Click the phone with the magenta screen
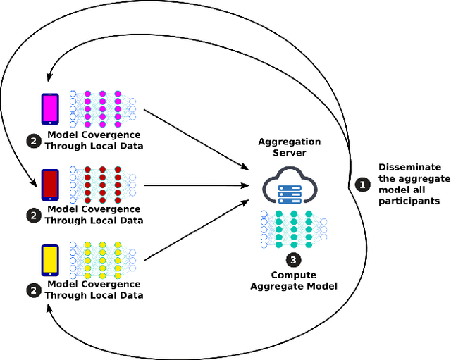coord(50,109)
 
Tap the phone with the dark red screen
coord(50,185)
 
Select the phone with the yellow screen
coord(50,260)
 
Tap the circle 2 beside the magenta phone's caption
coord(33,141)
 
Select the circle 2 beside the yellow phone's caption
coord(33,290)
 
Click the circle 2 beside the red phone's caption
coord(33,216)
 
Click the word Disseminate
coord(410,167)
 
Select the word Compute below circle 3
coord(293,275)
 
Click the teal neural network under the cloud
coord(293,225)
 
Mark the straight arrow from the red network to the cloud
coord(197,186)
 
